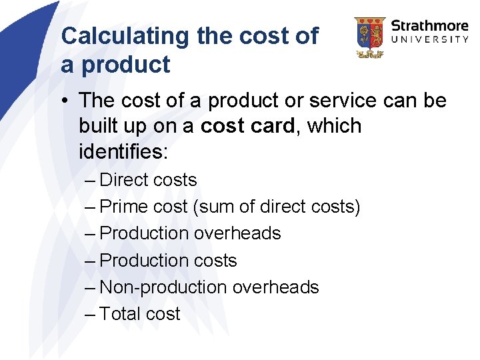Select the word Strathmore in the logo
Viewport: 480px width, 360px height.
(430, 27)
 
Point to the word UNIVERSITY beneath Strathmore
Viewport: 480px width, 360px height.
(430, 39)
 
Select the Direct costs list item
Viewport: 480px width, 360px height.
(148, 180)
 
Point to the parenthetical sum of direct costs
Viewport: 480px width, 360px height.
(277, 207)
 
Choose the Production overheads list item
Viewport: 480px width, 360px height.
(190, 233)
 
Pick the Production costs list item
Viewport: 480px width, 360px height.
(168, 260)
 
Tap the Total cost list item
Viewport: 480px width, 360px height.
(140, 313)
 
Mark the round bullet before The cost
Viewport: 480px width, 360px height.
(67, 101)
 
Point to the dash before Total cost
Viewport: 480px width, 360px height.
(91, 313)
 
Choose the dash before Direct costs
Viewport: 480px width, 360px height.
(91, 180)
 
